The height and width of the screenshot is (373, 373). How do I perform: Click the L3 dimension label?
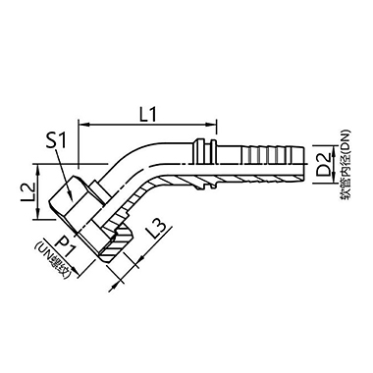[152, 235]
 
